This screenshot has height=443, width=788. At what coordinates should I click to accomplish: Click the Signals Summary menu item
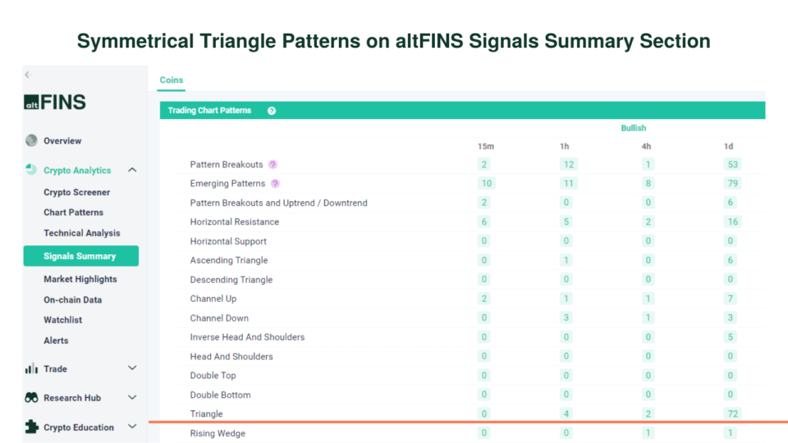tap(80, 256)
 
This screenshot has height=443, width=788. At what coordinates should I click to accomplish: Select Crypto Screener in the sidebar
tap(76, 192)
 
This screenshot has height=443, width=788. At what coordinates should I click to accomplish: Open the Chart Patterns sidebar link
tap(73, 212)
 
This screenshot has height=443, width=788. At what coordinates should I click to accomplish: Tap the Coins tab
tap(172, 80)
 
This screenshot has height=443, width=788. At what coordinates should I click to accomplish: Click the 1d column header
tap(728, 146)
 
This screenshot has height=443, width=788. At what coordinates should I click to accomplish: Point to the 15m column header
tap(486, 146)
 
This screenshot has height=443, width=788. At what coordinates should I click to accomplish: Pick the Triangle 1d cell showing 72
tap(731, 414)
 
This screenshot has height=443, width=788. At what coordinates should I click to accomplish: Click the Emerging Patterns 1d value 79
tap(731, 184)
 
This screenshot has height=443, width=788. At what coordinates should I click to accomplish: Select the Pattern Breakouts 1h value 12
tap(569, 165)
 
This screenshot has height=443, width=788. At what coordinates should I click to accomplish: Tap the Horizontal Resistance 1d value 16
tap(731, 222)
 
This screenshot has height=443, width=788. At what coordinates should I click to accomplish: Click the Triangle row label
tap(206, 414)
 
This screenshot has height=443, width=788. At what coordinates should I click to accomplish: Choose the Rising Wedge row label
tap(218, 433)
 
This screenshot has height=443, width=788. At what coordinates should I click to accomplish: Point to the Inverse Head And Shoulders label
tap(247, 337)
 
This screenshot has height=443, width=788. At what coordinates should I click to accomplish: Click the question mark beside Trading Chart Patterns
tap(272, 111)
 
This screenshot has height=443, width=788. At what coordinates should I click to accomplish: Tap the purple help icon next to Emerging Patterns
tap(275, 184)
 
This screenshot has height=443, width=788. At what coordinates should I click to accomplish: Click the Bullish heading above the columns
tap(633, 128)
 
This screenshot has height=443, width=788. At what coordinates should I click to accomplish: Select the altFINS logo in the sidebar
tap(55, 103)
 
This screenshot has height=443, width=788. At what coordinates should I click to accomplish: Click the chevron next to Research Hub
tap(132, 398)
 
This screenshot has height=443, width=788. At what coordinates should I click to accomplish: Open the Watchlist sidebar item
tap(62, 320)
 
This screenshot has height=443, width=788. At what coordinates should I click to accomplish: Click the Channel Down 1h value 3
tap(567, 318)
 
